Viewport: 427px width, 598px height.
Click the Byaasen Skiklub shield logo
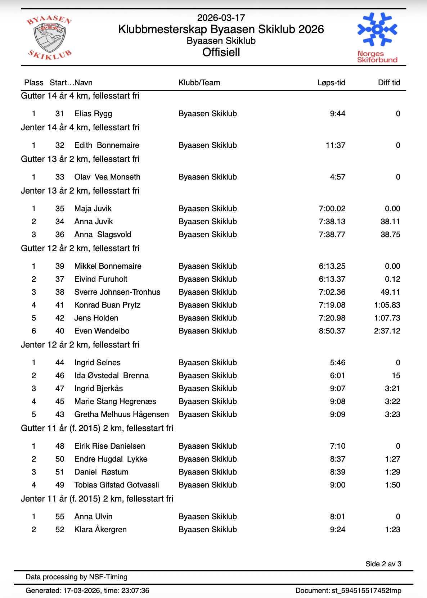point(49,37)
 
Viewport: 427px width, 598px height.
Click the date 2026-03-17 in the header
point(221,18)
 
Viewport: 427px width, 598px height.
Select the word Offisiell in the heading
point(221,53)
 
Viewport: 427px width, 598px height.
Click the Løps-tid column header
point(331,83)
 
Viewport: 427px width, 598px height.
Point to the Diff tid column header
point(389,83)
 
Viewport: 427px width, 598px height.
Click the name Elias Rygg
point(93,114)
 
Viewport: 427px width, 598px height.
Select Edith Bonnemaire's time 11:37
point(335,145)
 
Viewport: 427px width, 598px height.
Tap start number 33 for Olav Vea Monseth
point(60,177)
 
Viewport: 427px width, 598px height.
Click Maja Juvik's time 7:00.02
point(332,209)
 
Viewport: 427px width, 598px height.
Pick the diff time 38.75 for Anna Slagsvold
point(390,235)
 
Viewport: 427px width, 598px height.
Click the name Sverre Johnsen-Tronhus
point(117,292)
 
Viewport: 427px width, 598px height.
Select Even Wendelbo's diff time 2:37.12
point(387,331)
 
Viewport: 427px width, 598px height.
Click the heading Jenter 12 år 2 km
point(80,345)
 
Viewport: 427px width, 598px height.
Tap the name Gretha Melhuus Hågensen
point(121,414)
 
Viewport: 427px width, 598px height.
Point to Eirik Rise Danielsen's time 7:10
point(337,446)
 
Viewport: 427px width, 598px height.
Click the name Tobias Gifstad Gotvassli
point(117,485)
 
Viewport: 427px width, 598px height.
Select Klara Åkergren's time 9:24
point(337,530)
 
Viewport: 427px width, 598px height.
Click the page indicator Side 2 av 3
point(383,564)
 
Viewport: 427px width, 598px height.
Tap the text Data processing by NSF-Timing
point(76,577)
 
